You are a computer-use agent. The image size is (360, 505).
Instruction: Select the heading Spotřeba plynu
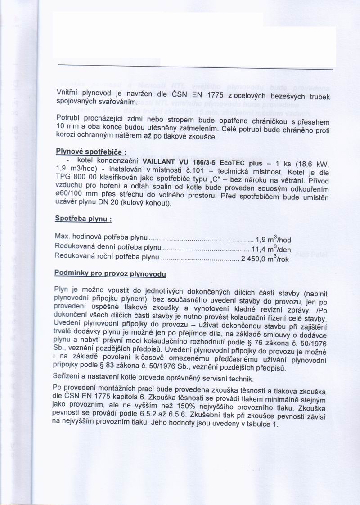(83, 219)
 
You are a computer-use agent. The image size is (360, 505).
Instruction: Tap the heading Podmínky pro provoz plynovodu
(110, 273)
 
